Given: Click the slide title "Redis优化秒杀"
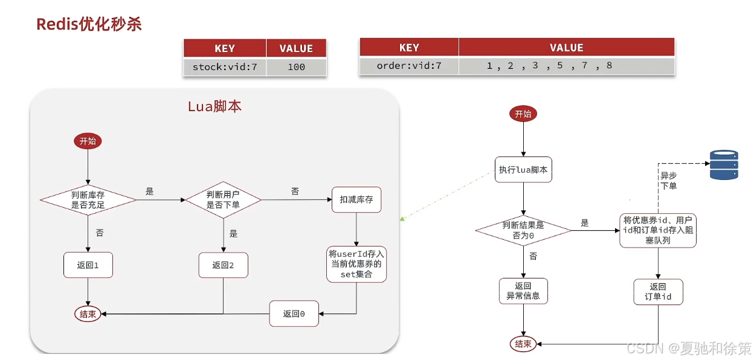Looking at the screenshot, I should coord(89,24).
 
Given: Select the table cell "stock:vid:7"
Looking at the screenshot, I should coord(225,67).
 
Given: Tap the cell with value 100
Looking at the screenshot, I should coord(296,67).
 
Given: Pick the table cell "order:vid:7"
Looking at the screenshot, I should coord(409,66).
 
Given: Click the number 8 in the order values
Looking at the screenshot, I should coord(609,65).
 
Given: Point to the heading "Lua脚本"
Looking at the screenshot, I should coord(214,106).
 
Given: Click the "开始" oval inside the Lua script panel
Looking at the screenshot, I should coord(88,141).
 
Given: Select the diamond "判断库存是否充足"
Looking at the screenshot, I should coord(88,199).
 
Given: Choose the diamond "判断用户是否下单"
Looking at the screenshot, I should coord(223,199).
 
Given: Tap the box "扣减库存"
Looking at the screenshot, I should coord(356,199).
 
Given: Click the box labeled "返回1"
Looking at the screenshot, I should coord(88,265).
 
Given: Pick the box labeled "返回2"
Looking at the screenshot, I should coord(223,265).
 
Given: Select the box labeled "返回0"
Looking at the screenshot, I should coord(294,313).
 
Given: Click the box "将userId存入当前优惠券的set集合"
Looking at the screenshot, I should coord(356,264).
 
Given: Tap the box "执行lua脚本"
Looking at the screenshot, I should coord(523,170).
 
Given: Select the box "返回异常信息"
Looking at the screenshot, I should coord(523,291).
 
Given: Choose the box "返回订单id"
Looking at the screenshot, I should coord(658,292).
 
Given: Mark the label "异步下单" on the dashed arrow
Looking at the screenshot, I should coord(668,181).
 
